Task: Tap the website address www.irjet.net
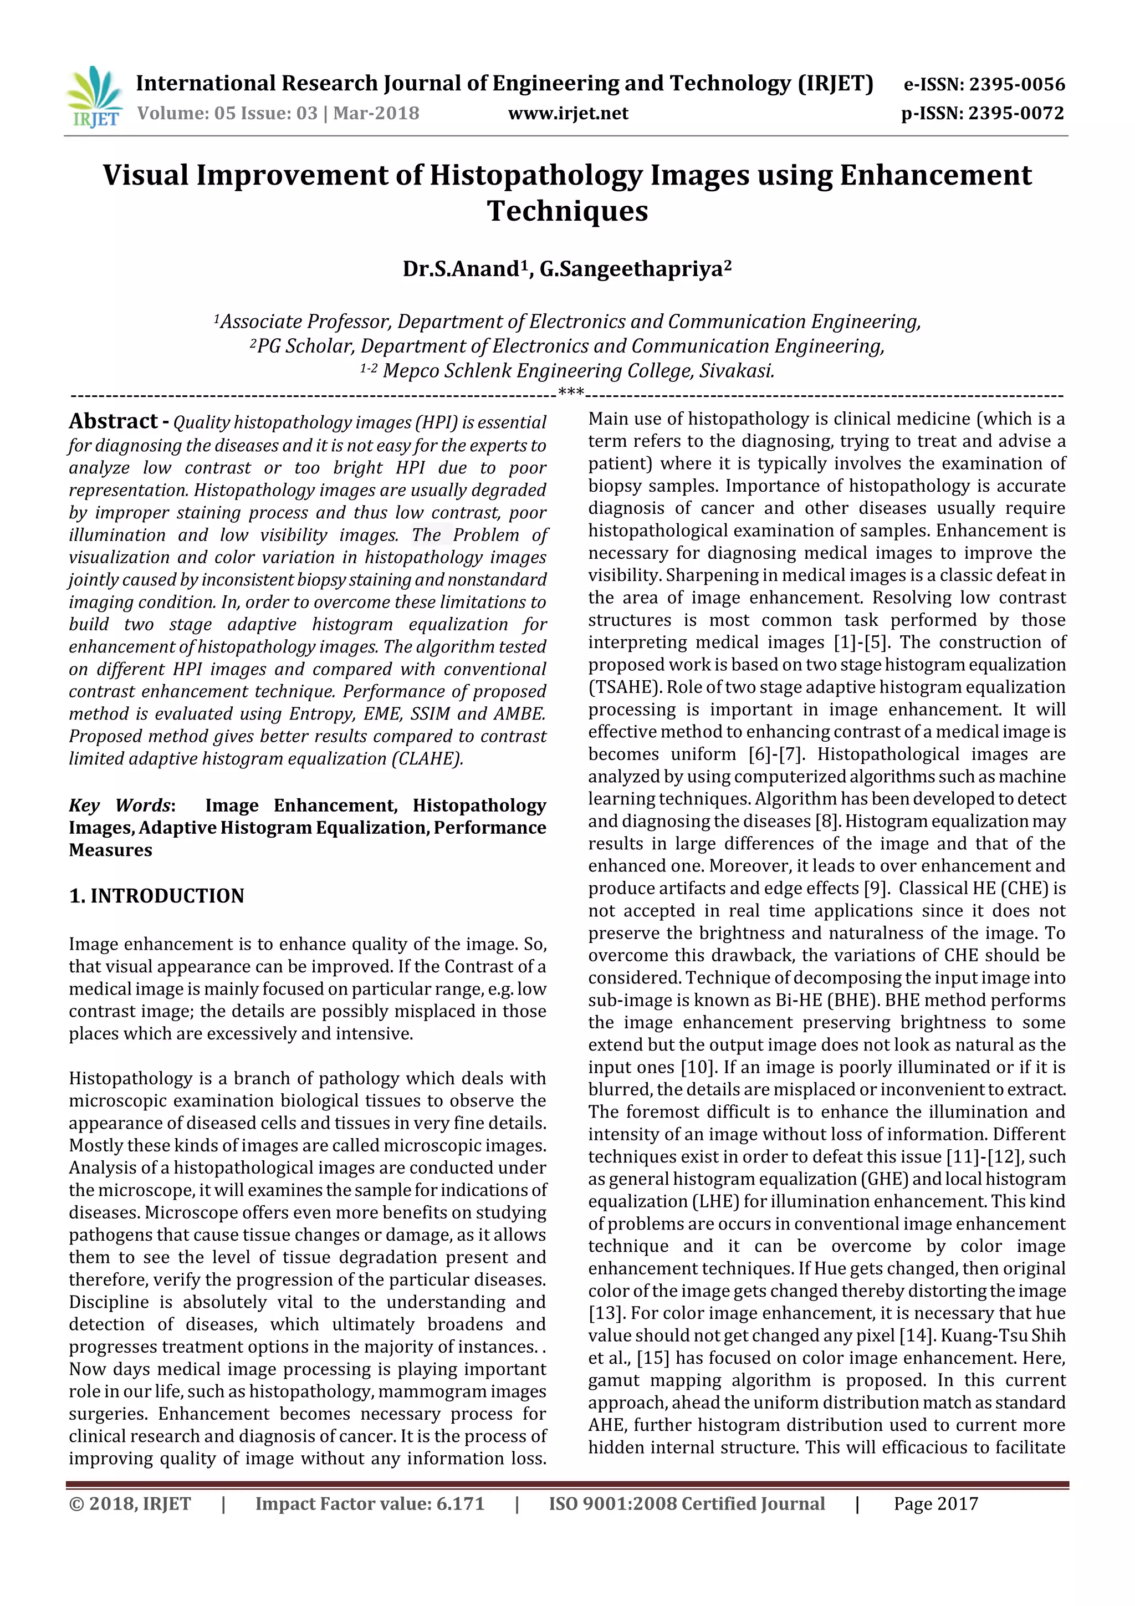tap(568, 113)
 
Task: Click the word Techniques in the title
tap(567, 211)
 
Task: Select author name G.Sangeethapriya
tap(635, 269)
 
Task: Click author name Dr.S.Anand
tap(462, 269)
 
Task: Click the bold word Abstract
tap(113, 421)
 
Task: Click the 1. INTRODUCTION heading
tap(157, 895)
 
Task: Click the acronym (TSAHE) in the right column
tap(624, 687)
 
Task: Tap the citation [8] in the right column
tap(825, 821)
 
